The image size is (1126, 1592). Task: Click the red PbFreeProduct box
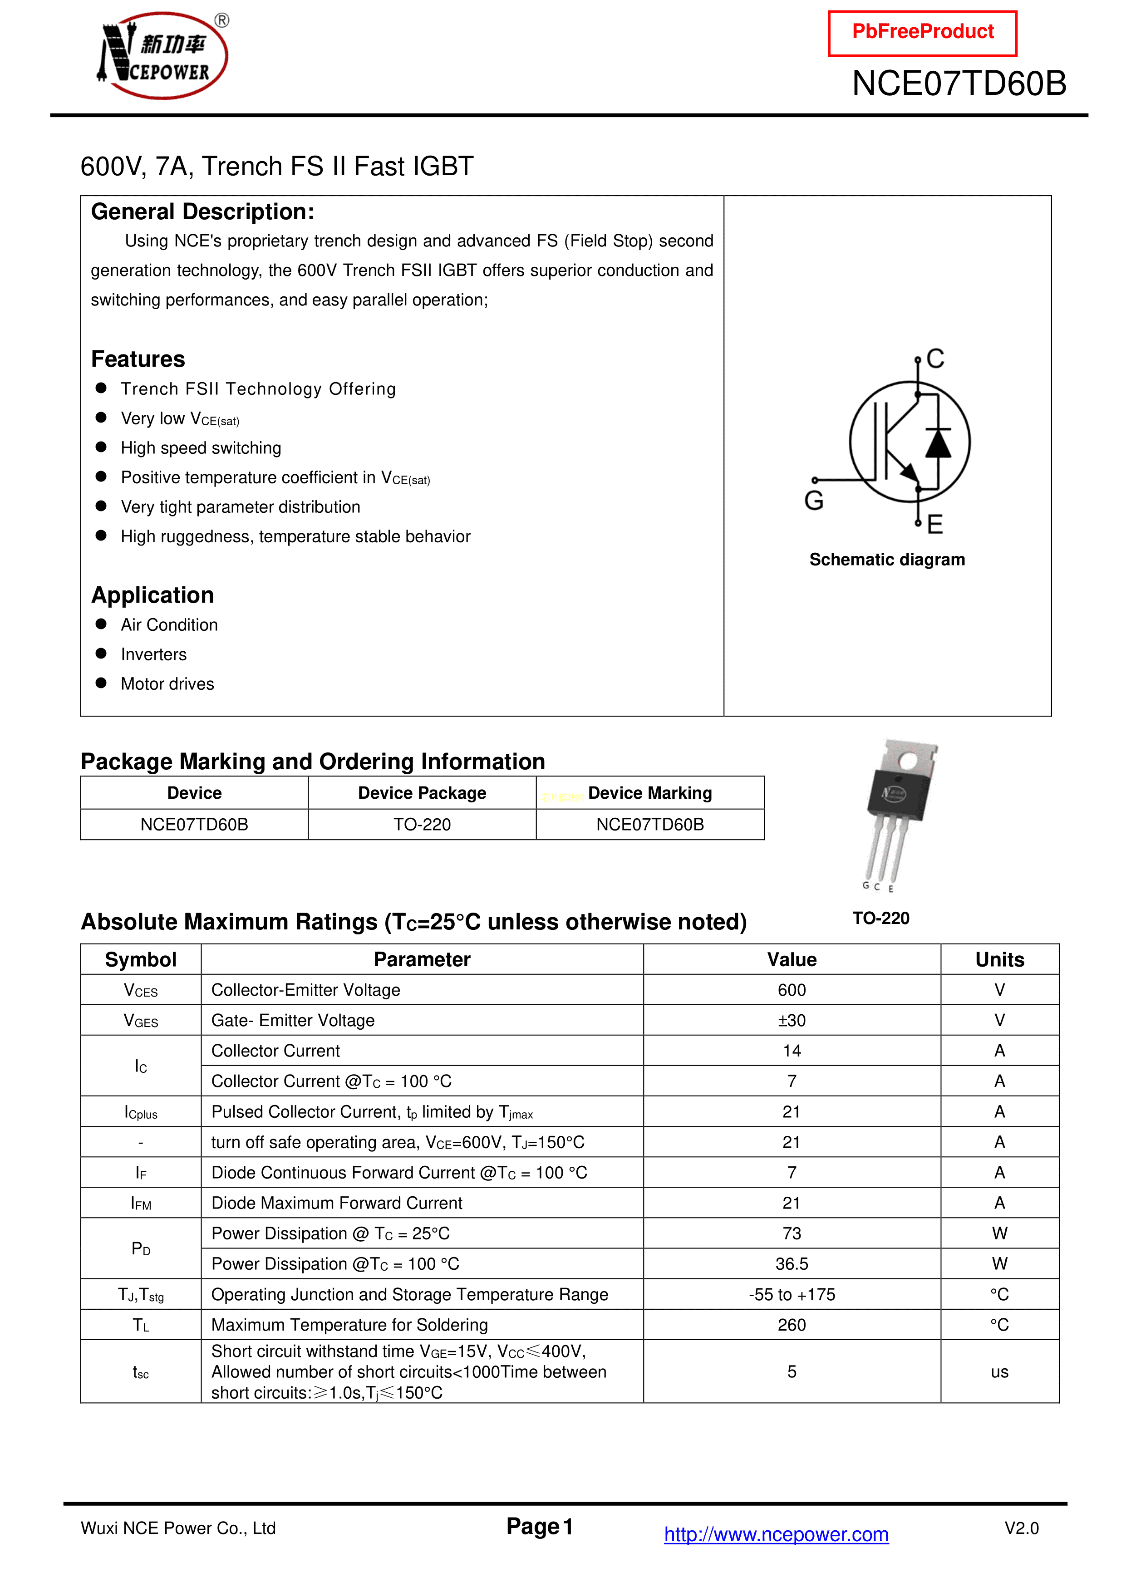(922, 33)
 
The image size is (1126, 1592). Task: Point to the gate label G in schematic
(814, 500)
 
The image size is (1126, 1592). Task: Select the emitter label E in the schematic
(934, 524)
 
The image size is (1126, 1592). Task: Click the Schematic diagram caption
(887, 560)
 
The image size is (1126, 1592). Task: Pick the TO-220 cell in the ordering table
(422, 825)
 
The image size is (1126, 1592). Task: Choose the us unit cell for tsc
(999, 1371)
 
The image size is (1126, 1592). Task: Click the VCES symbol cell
(141, 990)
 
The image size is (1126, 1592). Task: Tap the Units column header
(999, 960)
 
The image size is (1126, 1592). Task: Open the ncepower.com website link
(776, 1534)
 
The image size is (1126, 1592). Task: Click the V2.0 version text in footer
(1021, 1528)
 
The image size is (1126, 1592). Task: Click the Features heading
(138, 359)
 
